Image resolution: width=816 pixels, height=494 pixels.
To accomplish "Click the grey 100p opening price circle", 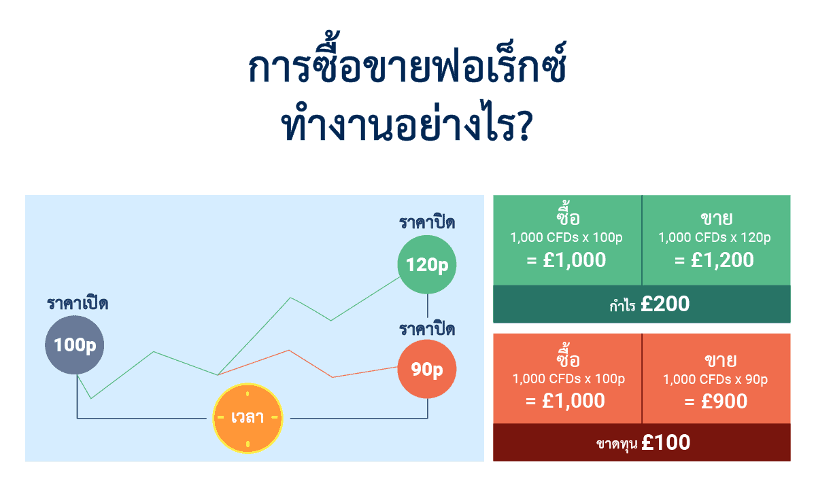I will tap(75, 345).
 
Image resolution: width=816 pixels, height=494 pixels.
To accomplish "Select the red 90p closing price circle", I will tap(427, 370).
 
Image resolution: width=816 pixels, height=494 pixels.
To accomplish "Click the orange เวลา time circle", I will tap(248, 417).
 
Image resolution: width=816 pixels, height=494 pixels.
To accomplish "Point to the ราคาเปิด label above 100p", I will tap(78, 304).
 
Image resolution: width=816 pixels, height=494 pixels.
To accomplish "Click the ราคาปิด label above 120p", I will tap(427, 222).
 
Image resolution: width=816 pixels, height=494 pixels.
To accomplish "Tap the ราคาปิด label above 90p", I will tap(427, 330).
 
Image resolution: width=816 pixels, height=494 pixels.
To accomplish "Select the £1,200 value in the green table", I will tap(715, 260).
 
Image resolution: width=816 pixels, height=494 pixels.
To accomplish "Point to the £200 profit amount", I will tap(664, 304).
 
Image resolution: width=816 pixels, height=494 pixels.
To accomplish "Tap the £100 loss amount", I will tap(665, 443).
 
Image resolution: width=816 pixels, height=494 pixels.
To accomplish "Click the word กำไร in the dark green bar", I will tap(622, 306).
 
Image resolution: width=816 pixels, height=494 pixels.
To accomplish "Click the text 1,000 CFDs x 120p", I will tap(715, 238).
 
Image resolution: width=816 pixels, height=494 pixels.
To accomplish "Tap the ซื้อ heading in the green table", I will tap(567, 218).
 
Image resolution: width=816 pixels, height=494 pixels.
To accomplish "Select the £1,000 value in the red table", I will tap(566, 402).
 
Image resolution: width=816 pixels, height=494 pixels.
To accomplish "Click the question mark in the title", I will tap(522, 127).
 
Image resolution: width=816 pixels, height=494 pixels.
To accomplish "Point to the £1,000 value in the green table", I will tap(566, 260).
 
